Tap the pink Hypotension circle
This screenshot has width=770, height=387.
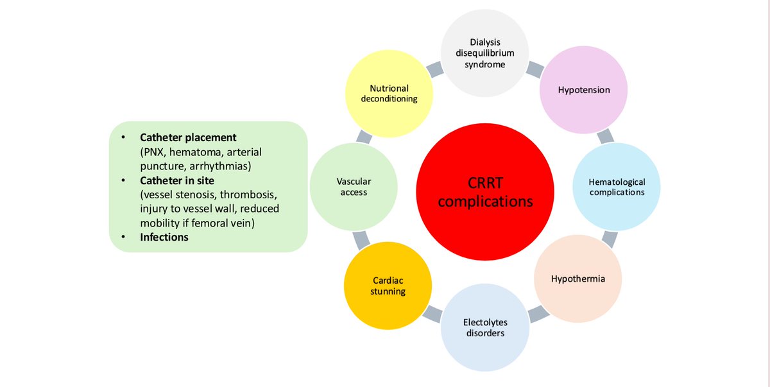pos(583,90)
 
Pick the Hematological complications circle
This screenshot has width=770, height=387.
pos(617,187)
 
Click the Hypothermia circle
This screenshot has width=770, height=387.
pos(577,279)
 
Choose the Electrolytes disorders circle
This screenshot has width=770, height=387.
pos(484,327)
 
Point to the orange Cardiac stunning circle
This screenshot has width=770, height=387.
pos(388,286)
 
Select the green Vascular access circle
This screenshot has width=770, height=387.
pos(354,187)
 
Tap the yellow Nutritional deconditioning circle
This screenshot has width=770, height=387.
pos(389,94)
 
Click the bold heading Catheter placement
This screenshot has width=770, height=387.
pos(188,137)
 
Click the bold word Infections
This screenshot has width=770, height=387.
pos(164,237)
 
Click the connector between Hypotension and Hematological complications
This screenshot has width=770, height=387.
pos(605,136)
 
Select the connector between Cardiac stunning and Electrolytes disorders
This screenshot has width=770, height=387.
pos(432,314)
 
